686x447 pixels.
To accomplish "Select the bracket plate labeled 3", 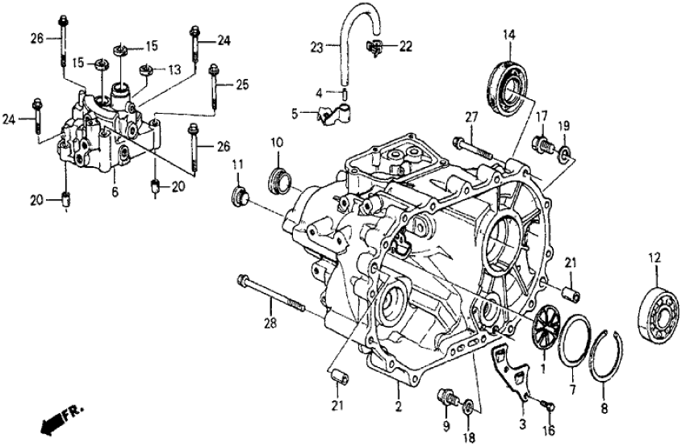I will pyautogui.click(x=510, y=372).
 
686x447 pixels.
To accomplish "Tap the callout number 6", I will pyautogui.click(x=114, y=192).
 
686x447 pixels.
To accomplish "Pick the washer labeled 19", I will pyautogui.click(x=563, y=151).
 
